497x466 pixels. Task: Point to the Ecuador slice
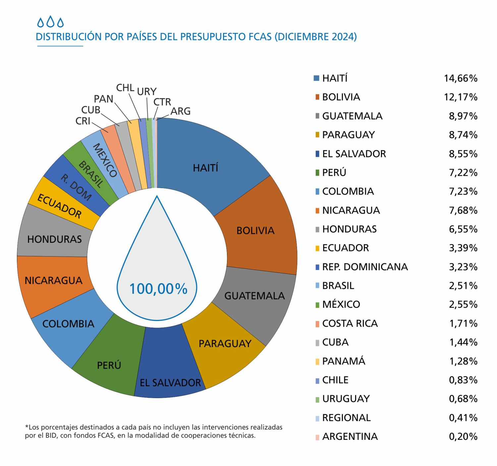(x=60, y=205)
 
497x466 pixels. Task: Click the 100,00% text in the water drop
(x=158, y=289)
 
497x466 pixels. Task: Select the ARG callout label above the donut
(x=181, y=111)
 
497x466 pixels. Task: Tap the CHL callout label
(x=125, y=88)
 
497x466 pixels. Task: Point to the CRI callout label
(x=83, y=121)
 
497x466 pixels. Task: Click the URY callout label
(x=146, y=91)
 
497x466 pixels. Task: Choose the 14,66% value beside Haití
(x=461, y=78)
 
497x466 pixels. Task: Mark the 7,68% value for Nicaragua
(x=463, y=210)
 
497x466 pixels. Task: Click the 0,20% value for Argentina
(x=463, y=437)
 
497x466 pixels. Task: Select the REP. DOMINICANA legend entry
(x=365, y=267)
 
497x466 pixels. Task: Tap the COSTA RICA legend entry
(x=350, y=323)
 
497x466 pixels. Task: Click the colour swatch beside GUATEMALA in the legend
(x=317, y=116)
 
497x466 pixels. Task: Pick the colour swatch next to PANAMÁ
(x=317, y=361)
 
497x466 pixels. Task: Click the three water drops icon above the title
(x=50, y=22)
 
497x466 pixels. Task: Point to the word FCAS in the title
(x=260, y=37)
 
